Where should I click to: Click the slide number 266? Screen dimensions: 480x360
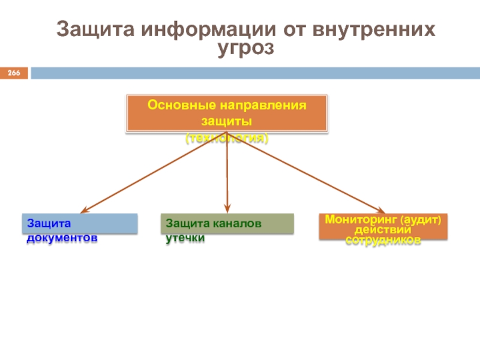point(14,73)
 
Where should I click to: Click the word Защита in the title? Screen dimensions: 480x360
point(96,29)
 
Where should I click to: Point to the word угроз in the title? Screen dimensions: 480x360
point(246,48)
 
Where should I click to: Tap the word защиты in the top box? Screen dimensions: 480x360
point(226,121)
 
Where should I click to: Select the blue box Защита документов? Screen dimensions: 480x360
point(80,223)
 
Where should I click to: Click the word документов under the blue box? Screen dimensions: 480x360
point(61,238)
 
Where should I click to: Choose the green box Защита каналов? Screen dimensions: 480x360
point(227,223)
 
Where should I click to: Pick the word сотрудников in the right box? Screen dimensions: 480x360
point(382,239)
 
